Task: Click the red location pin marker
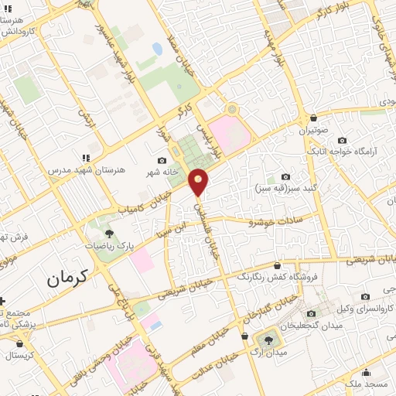(200, 182)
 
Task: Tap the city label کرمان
(68, 277)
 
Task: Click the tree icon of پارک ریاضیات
(108, 232)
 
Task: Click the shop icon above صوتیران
(313, 118)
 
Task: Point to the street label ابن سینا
(173, 228)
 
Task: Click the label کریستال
(18, 357)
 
